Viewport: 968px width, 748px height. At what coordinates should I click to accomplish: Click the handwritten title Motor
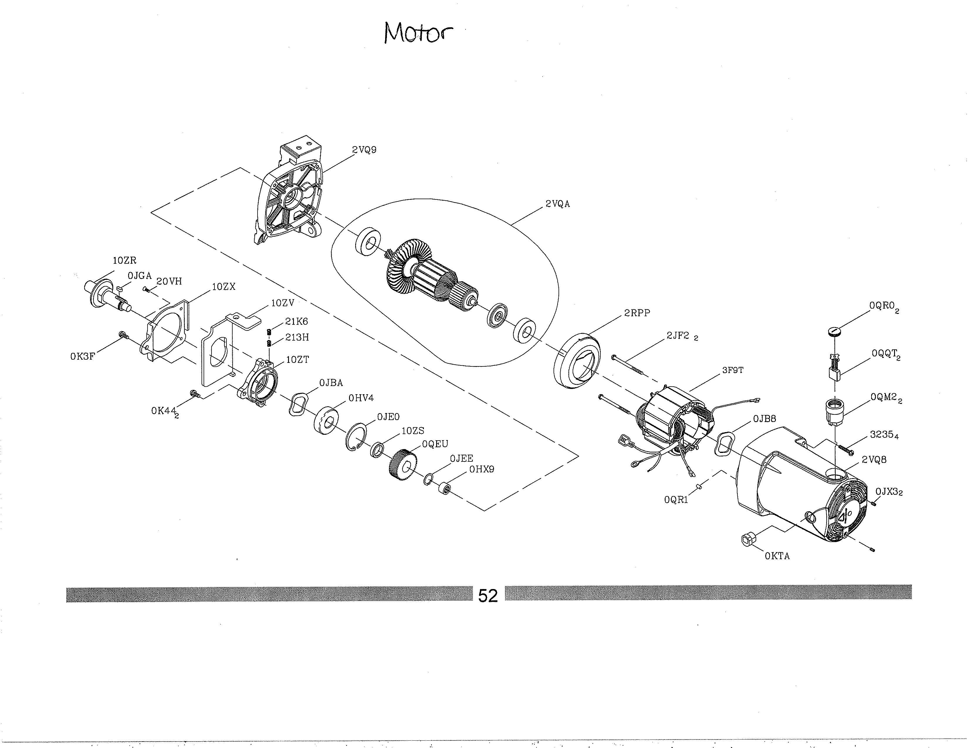418,33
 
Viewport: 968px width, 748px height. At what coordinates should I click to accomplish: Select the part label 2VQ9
364,150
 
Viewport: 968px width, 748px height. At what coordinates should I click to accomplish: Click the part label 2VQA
558,204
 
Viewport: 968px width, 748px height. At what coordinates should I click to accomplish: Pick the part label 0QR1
676,500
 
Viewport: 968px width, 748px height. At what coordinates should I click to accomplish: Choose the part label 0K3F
82,356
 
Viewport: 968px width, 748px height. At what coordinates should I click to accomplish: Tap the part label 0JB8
764,419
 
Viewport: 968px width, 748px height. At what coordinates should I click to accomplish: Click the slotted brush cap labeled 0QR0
834,331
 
